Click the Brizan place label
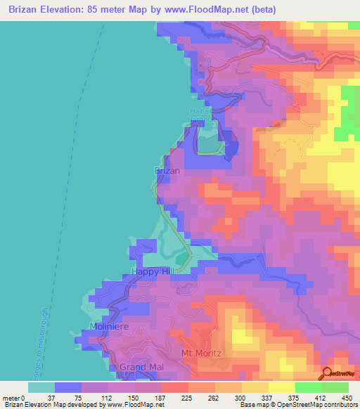point(167,171)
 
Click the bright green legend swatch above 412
point(308,388)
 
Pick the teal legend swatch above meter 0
point(41,388)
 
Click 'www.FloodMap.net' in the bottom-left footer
point(135,405)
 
